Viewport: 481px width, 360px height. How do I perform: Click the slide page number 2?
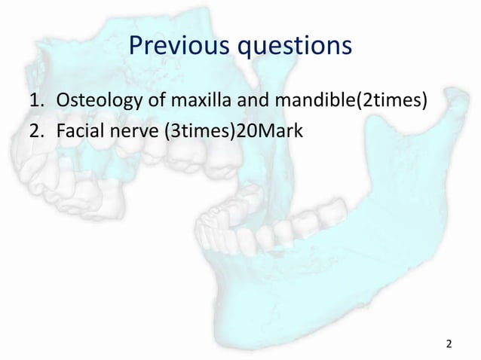point(449,344)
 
